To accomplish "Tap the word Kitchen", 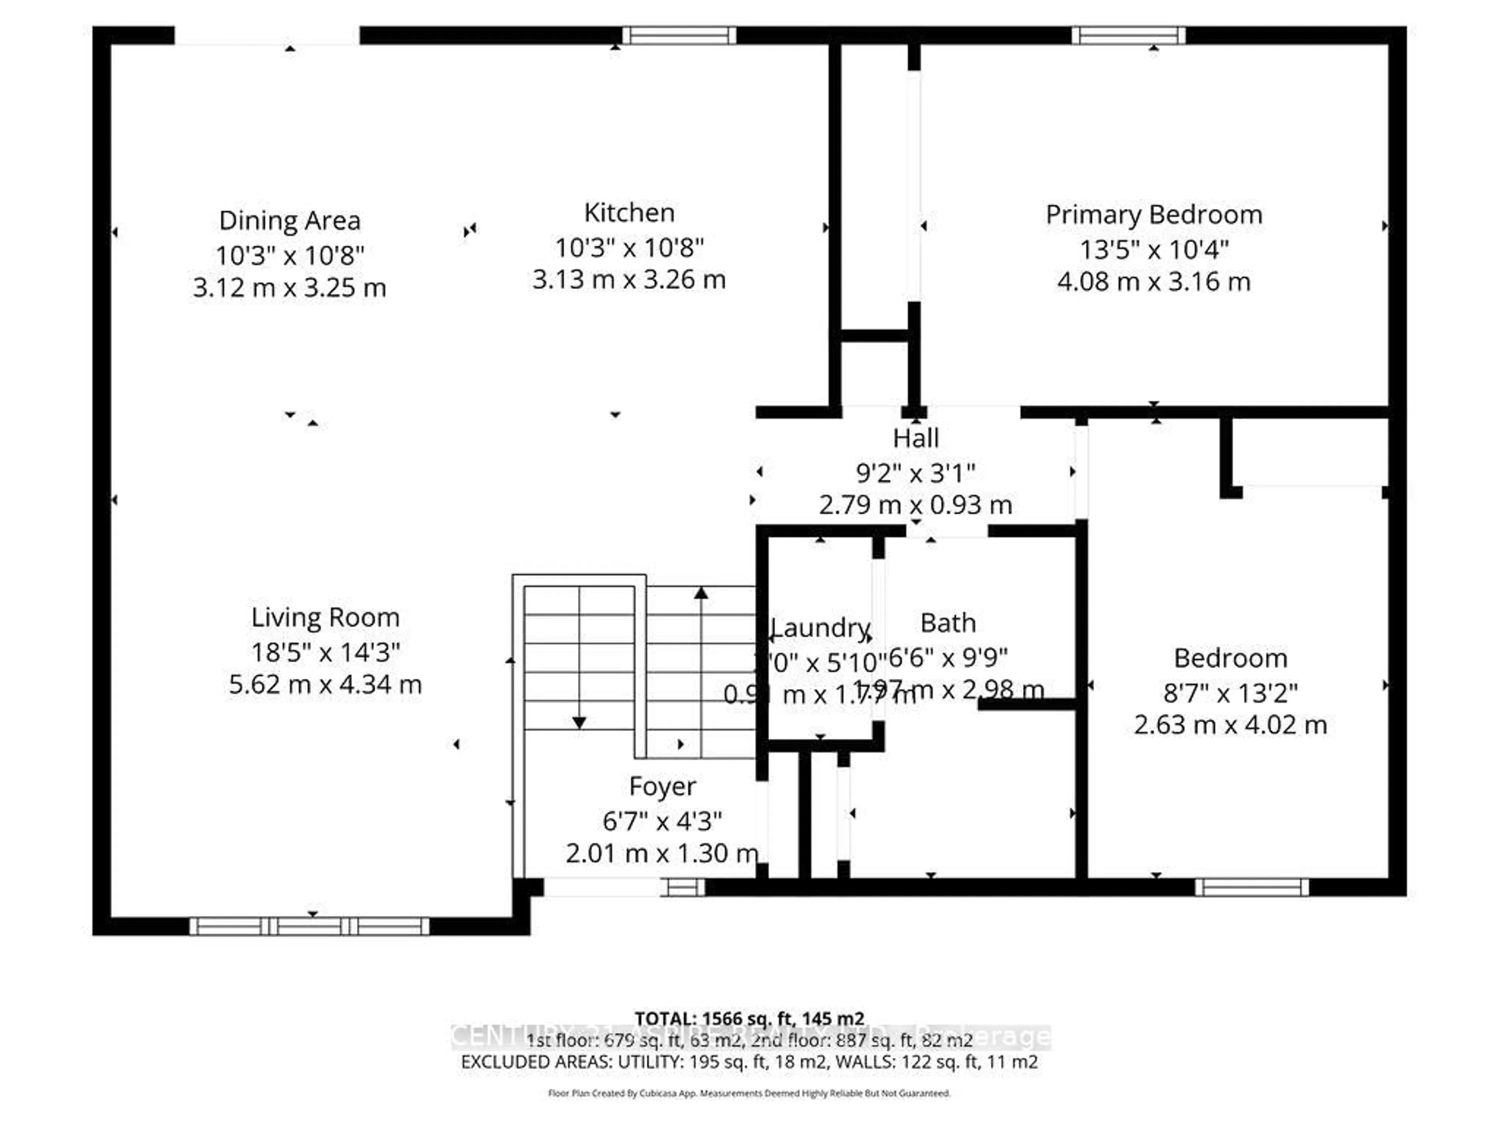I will point(629,213).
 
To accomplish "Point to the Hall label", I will point(915,438).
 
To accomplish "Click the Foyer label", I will point(662,786).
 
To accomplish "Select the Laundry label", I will point(820,628).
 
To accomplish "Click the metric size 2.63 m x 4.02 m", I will point(1230,725).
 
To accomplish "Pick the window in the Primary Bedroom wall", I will point(1128,35).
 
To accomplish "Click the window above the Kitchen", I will point(679,35).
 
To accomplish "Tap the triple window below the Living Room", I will point(309,926).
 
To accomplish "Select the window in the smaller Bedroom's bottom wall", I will point(1252,887).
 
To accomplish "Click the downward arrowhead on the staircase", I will point(579,723).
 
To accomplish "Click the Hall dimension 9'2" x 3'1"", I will point(915,473).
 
